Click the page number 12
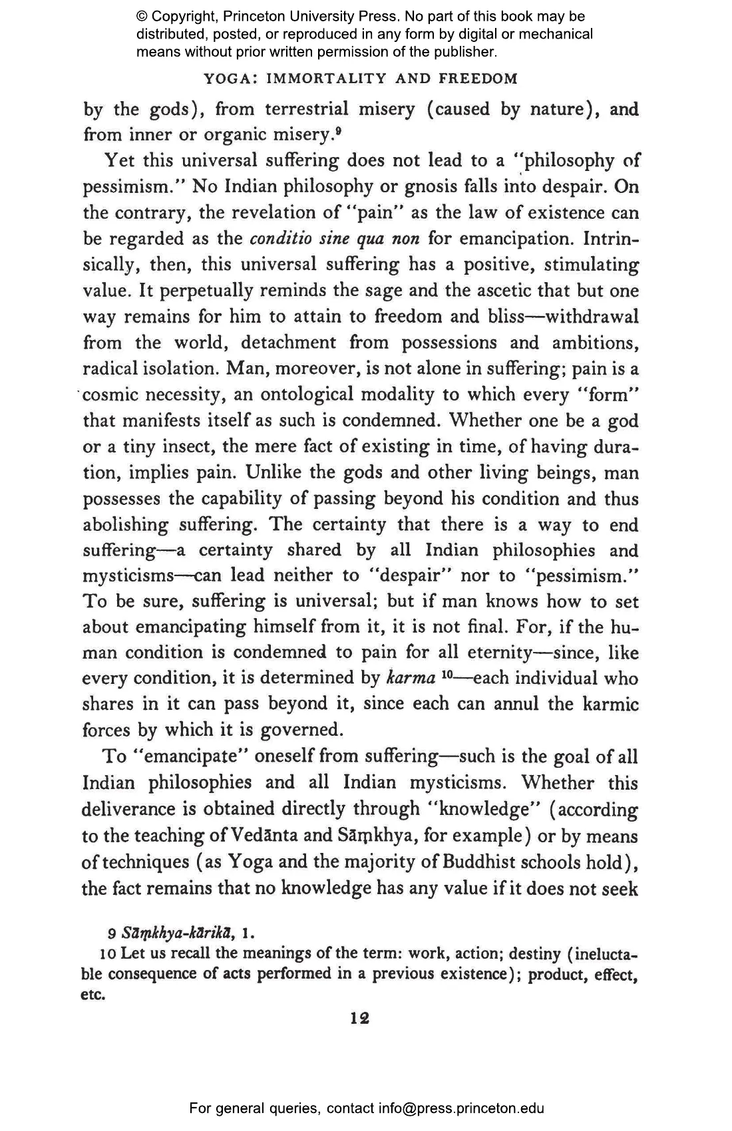pyautogui.click(x=360, y=1019)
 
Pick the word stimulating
pyautogui.click(x=592, y=265)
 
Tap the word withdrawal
pyautogui.click(x=592, y=317)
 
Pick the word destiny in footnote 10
pyautogui.click(x=535, y=953)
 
